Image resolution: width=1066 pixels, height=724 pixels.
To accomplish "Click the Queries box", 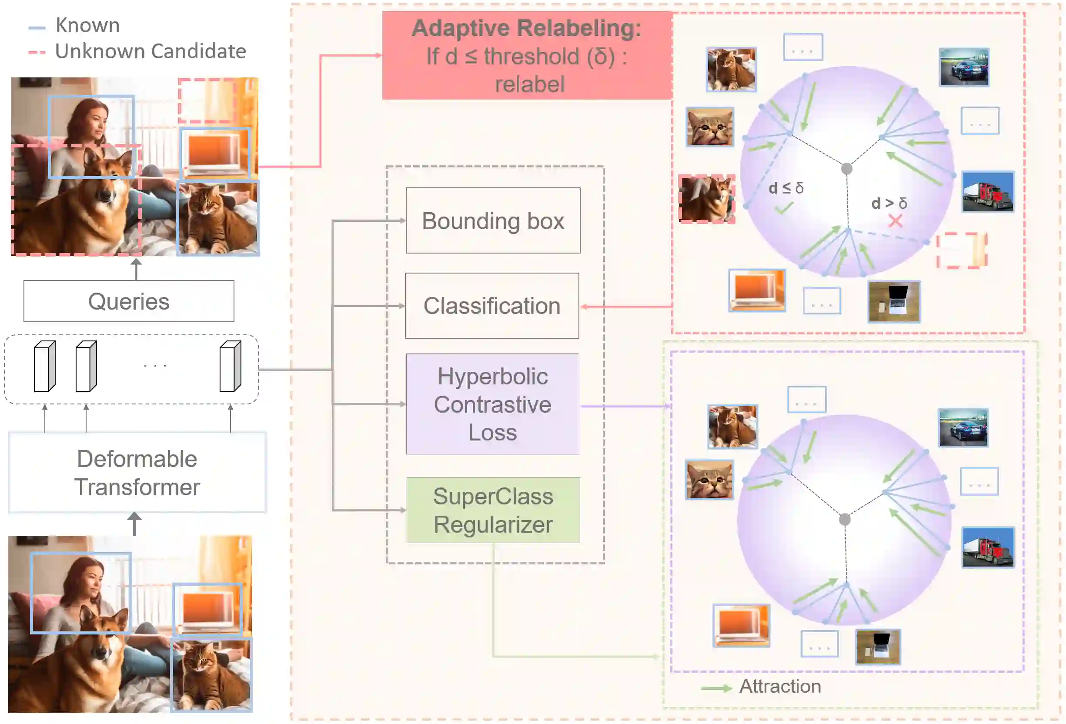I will point(128,301).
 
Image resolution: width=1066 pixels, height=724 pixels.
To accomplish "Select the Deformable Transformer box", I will point(137,472).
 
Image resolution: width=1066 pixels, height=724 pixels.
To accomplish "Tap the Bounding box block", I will point(493,220).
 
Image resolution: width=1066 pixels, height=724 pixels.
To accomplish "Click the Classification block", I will point(492,306).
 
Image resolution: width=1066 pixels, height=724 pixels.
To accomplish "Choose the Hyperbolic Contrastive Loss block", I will point(492,404).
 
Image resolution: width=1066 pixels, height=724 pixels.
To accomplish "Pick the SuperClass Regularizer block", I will point(493,510).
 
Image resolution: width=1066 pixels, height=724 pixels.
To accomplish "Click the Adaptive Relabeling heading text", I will point(526,28).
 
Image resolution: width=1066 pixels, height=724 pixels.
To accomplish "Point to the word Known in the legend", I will point(87,25).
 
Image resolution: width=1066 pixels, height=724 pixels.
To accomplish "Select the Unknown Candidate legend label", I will point(150,51).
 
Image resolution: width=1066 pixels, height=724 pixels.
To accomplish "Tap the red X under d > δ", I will point(895,221).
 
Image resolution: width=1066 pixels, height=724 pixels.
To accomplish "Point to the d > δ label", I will point(889,203).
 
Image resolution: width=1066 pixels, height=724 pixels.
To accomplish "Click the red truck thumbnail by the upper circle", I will point(987,192).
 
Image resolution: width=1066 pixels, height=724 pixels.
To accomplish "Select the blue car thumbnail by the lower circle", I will point(963,427).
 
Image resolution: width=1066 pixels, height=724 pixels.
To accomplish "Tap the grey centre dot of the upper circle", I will point(847,169).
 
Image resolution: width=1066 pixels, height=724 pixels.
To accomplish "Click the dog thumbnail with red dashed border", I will point(706,199).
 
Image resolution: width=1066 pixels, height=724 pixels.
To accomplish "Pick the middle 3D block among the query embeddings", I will point(86,367).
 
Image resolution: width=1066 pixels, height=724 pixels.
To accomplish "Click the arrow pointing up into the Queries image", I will point(136,269).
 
